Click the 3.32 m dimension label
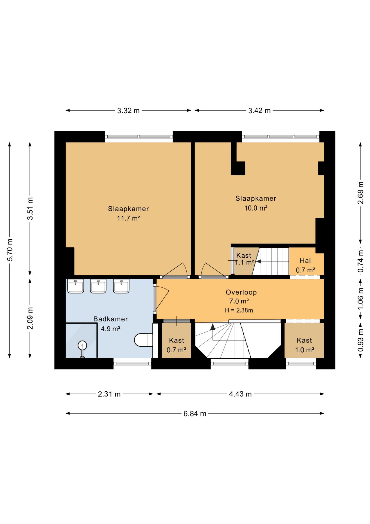[128, 111]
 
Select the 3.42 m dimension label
[259, 111]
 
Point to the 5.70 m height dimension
[10, 250]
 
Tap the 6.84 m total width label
[195, 413]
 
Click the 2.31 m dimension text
[109, 394]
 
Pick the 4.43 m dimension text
[240, 394]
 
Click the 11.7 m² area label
[129, 218]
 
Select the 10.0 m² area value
[256, 208]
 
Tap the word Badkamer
[111, 319]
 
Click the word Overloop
[241, 292]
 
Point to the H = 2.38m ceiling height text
[239, 310]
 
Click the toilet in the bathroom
[143, 340]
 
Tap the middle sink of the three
[98, 286]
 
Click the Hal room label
[305, 261]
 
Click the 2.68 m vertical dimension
[360, 193]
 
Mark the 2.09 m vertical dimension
[30, 318]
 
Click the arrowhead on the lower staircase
[213, 327]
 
